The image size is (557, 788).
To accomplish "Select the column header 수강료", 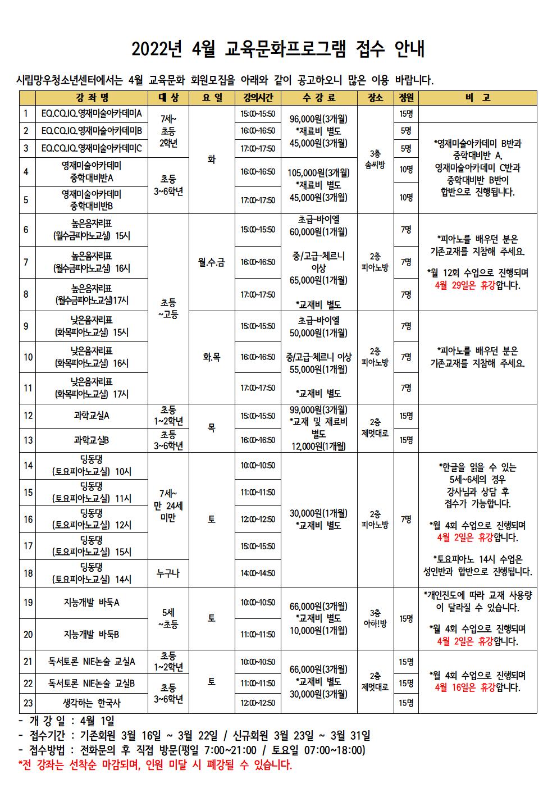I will pyautogui.click(x=319, y=98).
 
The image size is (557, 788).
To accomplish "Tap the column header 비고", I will pyautogui.click(x=477, y=98).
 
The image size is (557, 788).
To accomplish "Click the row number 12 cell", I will pyautogui.click(x=28, y=416).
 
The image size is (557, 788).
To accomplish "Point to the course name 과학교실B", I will pyautogui.click(x=92, y=440).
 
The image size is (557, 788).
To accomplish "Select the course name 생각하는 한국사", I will pyautogui.click(x=92, y=703).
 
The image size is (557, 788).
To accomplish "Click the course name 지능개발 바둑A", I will pyautogui.click(x=92, y=603).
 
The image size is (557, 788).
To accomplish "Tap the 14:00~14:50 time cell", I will pyautogui.click(x=258, y=573).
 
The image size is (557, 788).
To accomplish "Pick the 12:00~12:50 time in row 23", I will pyautogui.click(x=258, y=703).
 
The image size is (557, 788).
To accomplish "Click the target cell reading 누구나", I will pyautogui.click(x=168, y=573).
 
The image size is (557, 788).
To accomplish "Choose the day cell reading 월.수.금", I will pyautogui.click(x=211, y=262).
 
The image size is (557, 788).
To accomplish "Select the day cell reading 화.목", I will pyautogui.click(x=211, y=357).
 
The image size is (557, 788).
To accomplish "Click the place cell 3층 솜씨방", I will pyautogui.click(x=375, y=158).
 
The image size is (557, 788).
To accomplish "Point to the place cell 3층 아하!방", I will pyautogui.click(x=375, y=618).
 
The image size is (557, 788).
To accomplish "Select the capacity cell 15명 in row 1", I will pyautogui.click(x=406, y=114).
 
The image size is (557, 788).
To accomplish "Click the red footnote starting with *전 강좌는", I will pyautogui.click(x=155, y=765).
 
